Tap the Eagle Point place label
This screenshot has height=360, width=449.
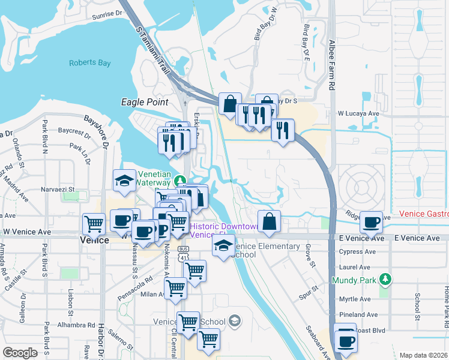[145, 102]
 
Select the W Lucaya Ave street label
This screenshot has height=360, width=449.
[359, 113]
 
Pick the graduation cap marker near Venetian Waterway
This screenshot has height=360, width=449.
[124, 181]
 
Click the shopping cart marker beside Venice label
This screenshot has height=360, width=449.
[94, 224]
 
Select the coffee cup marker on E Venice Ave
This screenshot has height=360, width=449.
[371, 223]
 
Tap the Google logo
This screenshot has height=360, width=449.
[20, 353]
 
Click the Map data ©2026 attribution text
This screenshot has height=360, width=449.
[423, 355]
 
